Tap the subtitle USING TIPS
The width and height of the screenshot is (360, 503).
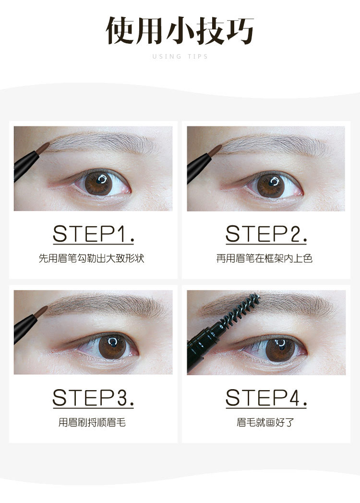click(x=180, y=57)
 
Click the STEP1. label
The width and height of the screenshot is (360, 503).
click(x=93, y=234)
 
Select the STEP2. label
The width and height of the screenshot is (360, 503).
click(x=266, y=234)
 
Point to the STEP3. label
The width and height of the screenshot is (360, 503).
click(x=93, y=398)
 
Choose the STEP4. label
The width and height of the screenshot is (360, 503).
click(x=266, y=398)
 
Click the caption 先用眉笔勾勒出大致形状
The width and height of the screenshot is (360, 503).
click(x=92, y=258)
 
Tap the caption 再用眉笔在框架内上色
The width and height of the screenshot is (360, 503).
click(x=264, y=258)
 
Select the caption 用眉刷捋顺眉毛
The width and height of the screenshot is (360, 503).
click(x=92, y=422)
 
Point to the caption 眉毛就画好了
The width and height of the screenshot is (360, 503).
click(x=265, y=422)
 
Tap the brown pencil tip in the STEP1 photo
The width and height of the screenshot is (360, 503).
click(x=43, y=148)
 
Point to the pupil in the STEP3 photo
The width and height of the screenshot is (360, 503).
click(x=112, y=347)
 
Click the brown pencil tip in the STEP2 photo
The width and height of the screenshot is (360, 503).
click(x=215, y=150)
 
